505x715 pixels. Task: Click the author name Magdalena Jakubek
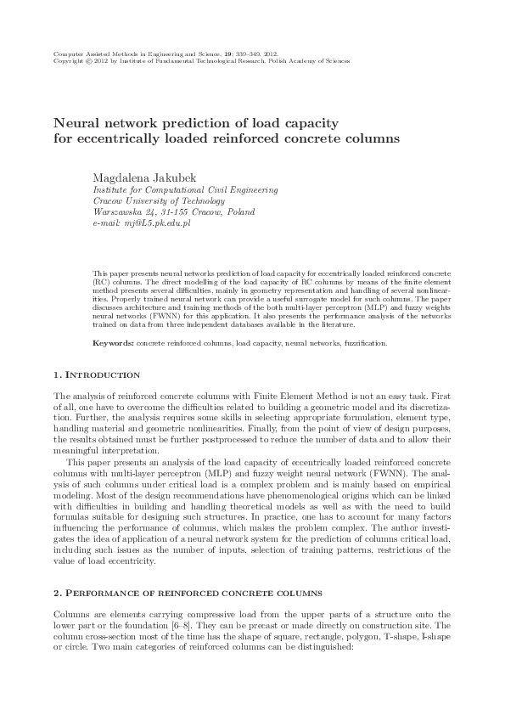click(x=143, y=177)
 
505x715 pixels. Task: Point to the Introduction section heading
click(x=96, y=374)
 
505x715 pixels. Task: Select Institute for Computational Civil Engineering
click(x=184, y=191)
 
